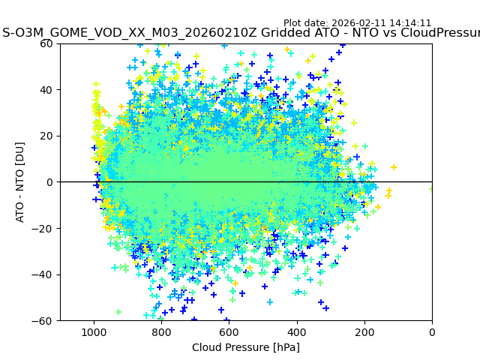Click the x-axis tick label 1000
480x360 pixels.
pyautogui.click(x=94, y=331)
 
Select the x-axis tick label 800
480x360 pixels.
pyautogui.click(x=161, y=331)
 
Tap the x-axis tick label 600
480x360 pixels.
pyautogui.click(x=229, y=331)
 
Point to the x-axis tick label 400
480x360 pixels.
pyautogui.click(x=297, y=331)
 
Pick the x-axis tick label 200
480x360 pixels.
pyautogui.click(x=364, y=331)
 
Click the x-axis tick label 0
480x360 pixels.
pyautogui.click(x=432, y=331)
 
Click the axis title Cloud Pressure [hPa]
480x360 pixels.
pyautogui.click(x=246, y=347)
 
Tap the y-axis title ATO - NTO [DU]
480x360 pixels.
pyautogui.click(x=20, y=182)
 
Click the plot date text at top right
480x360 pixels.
pyautogui.click(x=357, y=23)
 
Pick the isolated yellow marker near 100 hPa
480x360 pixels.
pyautogui.click(x=394, y=167)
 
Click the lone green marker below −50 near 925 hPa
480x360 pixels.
pyautogui.click(x=118, y=312)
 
